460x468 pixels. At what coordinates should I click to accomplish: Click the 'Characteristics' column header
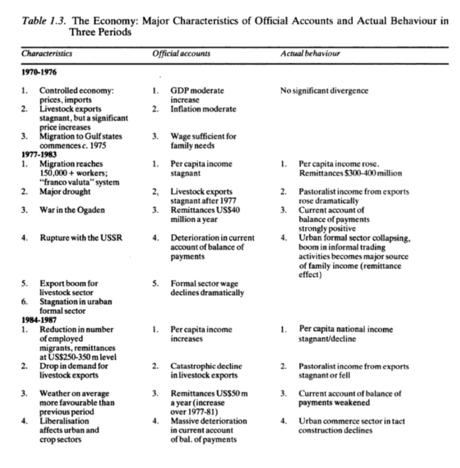coord(47,54)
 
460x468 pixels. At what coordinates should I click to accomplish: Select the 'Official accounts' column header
coord(181,54)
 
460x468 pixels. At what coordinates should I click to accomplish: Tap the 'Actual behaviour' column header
coord(310,54)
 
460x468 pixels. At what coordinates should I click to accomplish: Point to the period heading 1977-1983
coord(39,155)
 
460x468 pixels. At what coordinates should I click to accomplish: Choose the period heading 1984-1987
coord(39,321)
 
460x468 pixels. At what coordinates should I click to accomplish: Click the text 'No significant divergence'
coord(324,90)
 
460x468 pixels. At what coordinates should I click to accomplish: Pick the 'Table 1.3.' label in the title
coord(44,22)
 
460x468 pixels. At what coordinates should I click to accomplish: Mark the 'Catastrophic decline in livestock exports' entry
coord(206,370)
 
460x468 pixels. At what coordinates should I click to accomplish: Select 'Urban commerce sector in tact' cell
coord(352,421)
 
